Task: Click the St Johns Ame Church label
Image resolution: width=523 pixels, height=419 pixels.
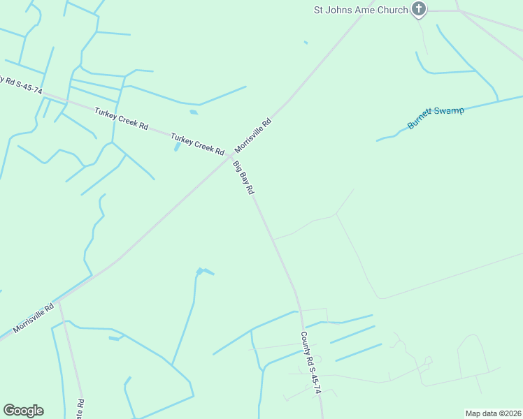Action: [x=360, y=10]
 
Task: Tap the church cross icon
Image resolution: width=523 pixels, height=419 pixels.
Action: [x=419, y=9]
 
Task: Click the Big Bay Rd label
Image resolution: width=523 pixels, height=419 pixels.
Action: [x=243, y=178]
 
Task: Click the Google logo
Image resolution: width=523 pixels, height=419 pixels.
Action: [x=23, y=411]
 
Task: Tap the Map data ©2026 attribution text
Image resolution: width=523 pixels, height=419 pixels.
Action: [x=493, y=413]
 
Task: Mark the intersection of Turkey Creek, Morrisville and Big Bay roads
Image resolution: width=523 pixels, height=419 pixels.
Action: [x=230, y=156]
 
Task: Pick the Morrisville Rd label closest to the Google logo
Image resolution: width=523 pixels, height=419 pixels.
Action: [x=32, y=318]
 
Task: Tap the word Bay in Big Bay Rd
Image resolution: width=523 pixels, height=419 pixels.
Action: [x=244, y=179]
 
